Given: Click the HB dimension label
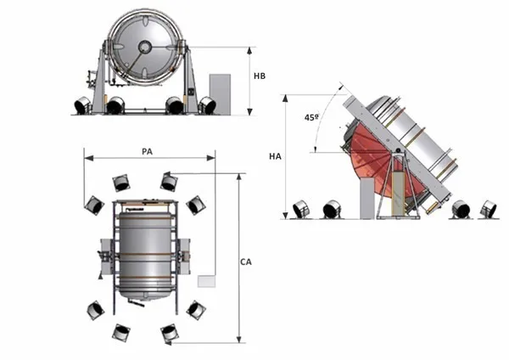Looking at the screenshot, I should click(261, 76).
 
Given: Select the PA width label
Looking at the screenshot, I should click(147, 151).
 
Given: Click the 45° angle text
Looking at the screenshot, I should click(311, 118).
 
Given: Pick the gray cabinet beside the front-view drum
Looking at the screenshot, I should click(220, 93).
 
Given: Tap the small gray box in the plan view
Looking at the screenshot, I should click(206, 280).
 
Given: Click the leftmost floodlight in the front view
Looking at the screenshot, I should click(82, 105).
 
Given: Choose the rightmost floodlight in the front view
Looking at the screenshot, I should click(207, 105).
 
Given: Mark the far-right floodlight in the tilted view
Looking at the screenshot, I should click(487, 209).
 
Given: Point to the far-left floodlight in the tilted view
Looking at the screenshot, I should click(301, 209).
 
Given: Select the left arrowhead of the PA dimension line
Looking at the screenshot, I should click(86, 157).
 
